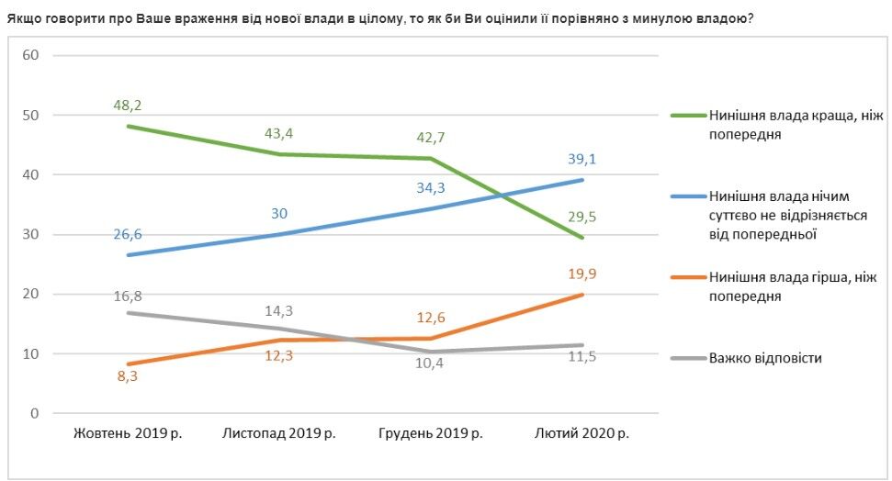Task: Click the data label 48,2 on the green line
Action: [x=127, y=106]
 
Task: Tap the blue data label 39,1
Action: [x=582, y=159]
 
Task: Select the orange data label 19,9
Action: [x=582, y=273]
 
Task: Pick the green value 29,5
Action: [x=582, y=218]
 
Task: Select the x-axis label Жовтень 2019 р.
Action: [x=127, y=433]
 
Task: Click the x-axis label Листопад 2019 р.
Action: [x=278, y=433]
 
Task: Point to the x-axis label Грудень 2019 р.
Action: [x=431, y=433]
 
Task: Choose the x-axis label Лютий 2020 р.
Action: [x=582, y=433]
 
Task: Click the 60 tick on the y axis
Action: [x=31, y=55]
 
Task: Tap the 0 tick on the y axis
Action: [x=35, y=413]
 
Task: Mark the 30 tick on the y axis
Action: [x=31, y=234]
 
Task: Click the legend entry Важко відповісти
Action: [x=764, y=358]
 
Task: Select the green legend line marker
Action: [x=687, y=116]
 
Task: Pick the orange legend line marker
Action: [x=687, y=277]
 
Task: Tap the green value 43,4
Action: [x=278, y=134]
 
